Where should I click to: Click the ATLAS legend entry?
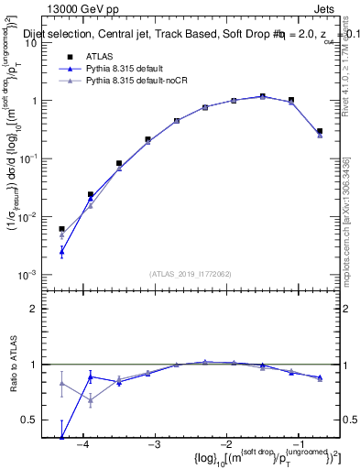point(99,56)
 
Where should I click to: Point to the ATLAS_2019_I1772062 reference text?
point(191,273)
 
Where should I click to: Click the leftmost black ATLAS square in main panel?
point(61,229)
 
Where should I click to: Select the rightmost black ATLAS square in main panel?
point(319,131)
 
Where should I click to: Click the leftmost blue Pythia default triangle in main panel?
point(61,250)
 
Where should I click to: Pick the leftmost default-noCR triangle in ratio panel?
point(61,384)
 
